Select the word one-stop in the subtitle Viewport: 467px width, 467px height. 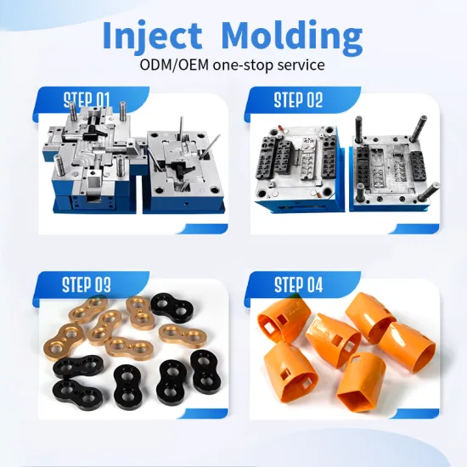[x=243, y=65]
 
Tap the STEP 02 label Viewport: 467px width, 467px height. [x=297, y=100]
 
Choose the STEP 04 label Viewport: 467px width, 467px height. [x=297, y=284]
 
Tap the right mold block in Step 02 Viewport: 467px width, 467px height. [x=391, y=170]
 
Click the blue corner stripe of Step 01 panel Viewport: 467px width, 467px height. [x=204, y=228]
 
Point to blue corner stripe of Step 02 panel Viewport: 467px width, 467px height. [x=416, y=228]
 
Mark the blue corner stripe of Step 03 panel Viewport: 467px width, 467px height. [x=204, y=414]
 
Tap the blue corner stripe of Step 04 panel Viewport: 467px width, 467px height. [x=416, y=414]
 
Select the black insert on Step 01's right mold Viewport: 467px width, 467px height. [x=183, y=171]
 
